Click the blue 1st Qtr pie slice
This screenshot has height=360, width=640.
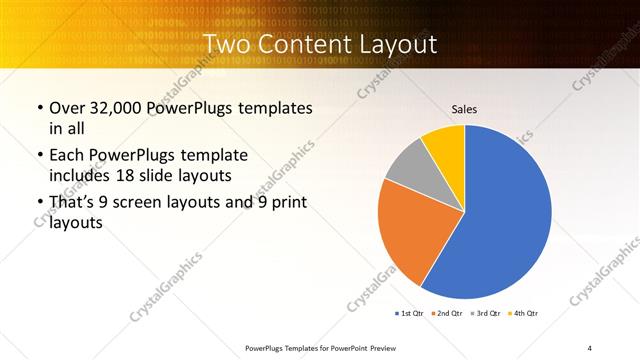500,220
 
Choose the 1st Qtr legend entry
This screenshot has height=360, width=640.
410,313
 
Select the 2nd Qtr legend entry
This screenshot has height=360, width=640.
448,313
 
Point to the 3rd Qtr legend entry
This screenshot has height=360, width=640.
486,313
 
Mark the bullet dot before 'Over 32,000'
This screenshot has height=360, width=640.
39,108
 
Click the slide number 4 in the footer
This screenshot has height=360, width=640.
589,348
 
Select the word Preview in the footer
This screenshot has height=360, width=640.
376,348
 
